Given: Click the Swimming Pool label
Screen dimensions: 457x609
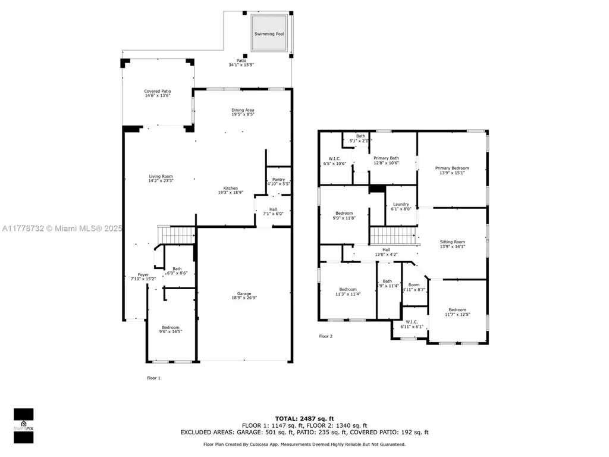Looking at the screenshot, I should [269, 34].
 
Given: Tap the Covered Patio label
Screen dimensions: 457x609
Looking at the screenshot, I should [157, 91].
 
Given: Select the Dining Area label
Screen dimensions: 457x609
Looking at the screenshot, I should [243, 110].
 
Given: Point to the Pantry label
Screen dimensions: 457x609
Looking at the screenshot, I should [278, 179].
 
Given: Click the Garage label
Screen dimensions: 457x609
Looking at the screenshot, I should [244, 294].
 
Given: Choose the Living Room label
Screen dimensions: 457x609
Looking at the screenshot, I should [161, 176].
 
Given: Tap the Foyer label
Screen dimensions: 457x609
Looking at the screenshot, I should [143, 274].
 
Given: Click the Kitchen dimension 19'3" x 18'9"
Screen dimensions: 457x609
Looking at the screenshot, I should [231, 193].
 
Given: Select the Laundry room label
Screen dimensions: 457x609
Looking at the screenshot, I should [401, 205].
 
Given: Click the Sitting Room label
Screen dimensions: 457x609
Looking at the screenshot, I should [452, 242].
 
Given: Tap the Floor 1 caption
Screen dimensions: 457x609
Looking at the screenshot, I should [153, 378].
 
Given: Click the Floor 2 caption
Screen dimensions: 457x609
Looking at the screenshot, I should [326, 336].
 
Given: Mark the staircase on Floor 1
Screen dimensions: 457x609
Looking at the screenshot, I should [176, 235].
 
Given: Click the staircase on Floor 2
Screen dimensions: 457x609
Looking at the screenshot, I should [394, 236].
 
